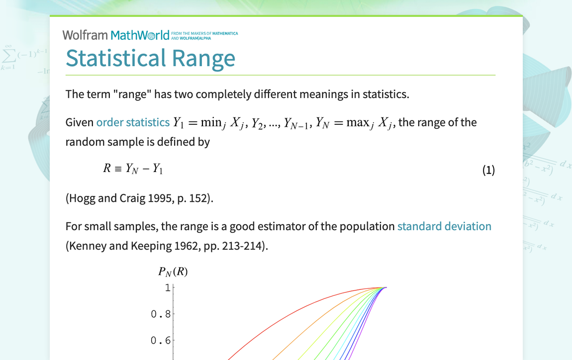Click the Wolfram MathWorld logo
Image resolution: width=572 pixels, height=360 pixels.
coord(116,35)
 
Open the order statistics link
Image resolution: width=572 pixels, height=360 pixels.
coord(132,122)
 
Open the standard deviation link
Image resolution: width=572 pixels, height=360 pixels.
coord(444,226)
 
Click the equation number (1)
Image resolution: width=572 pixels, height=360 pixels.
coord(488,170)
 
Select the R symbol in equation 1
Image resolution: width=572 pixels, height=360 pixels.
coord(106,169)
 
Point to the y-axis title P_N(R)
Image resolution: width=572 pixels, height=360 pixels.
coord(173,271)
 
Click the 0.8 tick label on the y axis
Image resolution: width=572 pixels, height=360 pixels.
coord(161,314)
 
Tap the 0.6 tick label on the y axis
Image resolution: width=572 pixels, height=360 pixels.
coord(161,341)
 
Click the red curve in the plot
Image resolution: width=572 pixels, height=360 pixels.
coord(279,318)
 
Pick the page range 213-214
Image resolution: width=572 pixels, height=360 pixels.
coord(244,246)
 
